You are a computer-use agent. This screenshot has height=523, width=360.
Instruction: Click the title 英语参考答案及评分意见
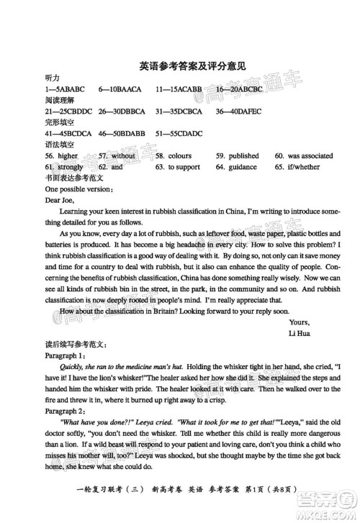pos(192,65)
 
